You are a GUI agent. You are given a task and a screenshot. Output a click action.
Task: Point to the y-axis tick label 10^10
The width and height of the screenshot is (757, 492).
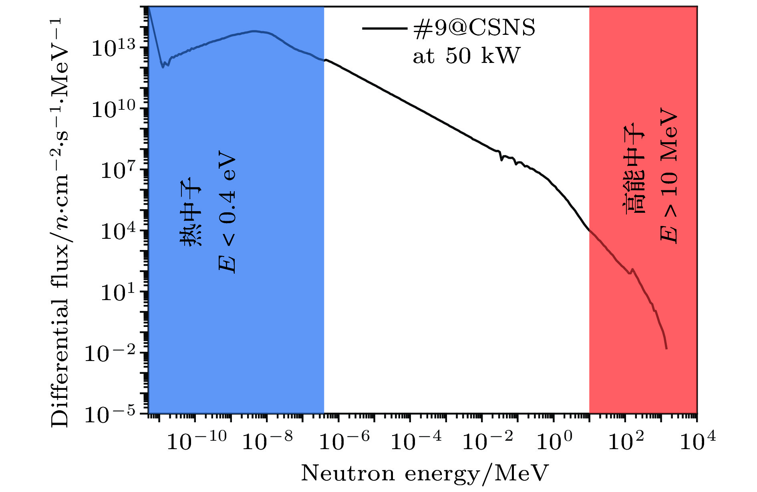114,109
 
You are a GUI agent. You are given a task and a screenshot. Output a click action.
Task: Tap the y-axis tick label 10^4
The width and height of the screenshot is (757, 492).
119,231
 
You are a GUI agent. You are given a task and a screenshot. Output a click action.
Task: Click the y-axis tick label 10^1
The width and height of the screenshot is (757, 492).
119,292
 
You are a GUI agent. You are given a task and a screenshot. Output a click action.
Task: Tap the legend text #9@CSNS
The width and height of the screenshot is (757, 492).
474,29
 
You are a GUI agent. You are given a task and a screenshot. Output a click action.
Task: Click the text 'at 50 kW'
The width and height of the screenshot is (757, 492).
466,56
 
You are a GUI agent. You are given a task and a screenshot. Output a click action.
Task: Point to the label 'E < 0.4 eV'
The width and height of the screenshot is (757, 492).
227,212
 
